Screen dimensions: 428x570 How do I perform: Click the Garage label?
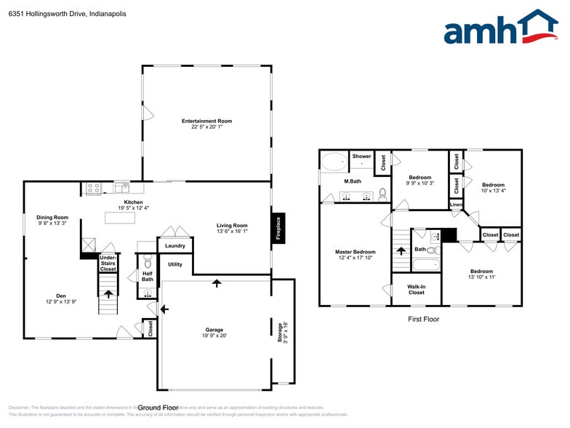coord(214,330)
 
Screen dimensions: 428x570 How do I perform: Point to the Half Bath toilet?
coord(147,263)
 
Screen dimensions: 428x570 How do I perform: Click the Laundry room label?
coord(175,246)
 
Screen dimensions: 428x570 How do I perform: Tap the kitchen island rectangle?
coord(121,217)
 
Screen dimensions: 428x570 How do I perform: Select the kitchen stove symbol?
coord(93,189)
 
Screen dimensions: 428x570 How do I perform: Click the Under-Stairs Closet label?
coord(108,263)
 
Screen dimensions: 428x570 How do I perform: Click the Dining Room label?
coord(52,217)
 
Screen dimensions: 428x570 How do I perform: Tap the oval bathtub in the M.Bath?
coord(336,162)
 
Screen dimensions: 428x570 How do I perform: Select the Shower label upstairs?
coord(361,156)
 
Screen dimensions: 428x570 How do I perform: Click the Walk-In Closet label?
coord(417,289)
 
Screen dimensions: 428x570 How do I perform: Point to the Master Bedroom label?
coord(355,252)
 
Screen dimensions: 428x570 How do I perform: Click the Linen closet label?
coord(456,205)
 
